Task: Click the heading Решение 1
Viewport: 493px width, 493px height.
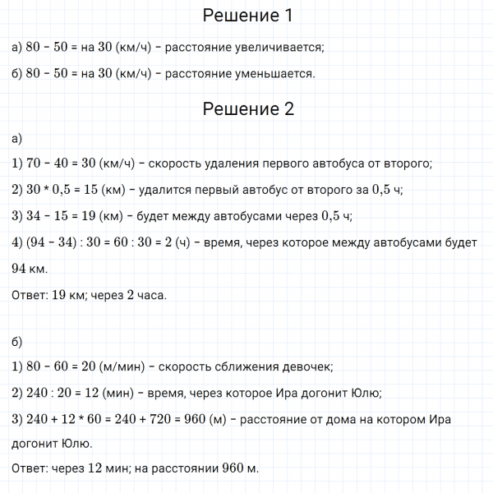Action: pyautogui.click(x=246, y=16)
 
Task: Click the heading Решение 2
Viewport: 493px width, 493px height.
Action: pyautogui.click(x=246, y=109)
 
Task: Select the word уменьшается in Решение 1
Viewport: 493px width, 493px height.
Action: pyautogui.click(x=274, y=74)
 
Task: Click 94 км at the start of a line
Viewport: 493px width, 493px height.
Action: pyautogui.click(x=31, y=270)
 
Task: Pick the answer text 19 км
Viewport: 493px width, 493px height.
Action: pyautogui.click(x=69, y=295)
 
